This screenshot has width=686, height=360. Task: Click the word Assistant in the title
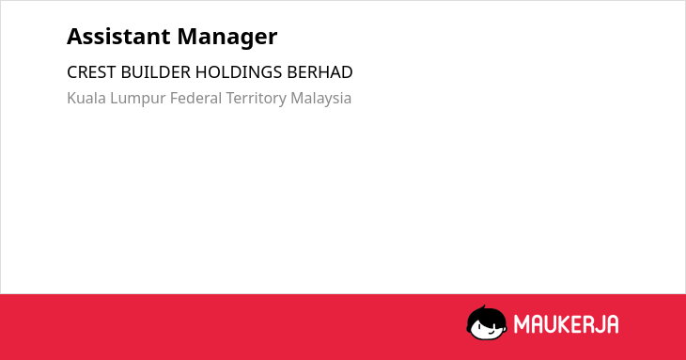(118, 36)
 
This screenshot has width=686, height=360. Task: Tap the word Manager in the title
(227, 38)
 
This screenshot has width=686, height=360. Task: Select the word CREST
(91, 72)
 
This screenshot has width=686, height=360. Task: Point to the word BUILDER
(155, 72)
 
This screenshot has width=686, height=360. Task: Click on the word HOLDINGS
(239, 72)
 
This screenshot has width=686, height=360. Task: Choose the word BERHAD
(320, 72)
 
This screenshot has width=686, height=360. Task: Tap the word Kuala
(86, 98)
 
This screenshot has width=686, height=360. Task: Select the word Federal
(195, 98)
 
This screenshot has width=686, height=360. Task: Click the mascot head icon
(487, 322)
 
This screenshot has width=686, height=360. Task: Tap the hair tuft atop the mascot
(483, 307)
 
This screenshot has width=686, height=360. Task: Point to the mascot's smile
(491, 334)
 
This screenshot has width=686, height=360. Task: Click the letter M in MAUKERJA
(521, 324)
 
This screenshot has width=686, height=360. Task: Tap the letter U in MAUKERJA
(551, 324)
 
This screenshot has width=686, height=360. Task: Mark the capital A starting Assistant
(75, 37)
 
